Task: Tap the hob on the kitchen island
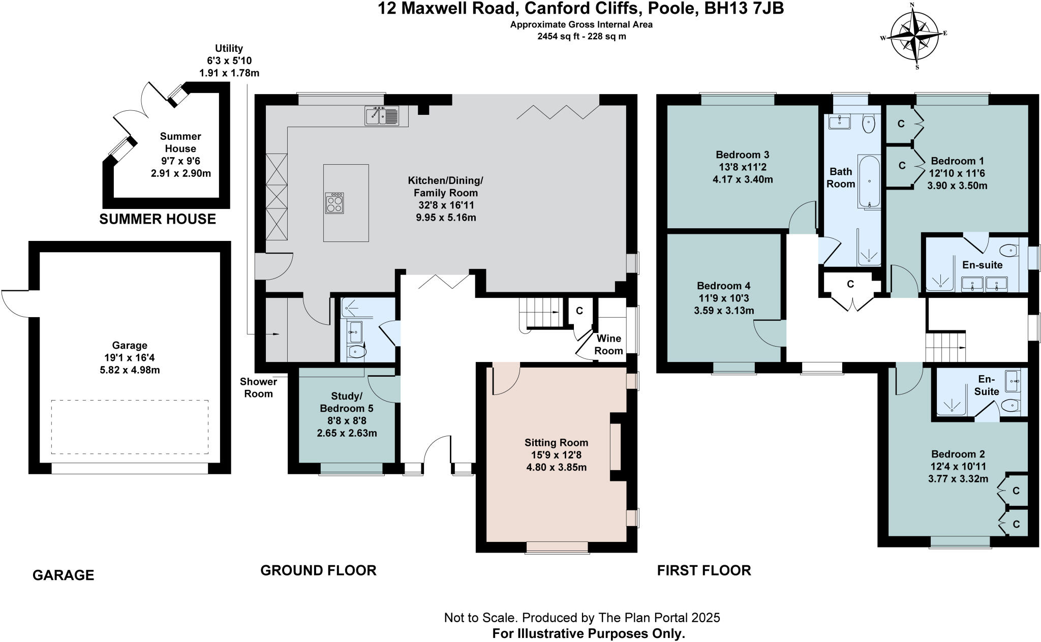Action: click(x=334, y=203)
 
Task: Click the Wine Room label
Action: click(x=608, y=345)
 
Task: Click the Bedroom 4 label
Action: click(x=723, y=286)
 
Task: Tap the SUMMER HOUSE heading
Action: click(x=158, y=219)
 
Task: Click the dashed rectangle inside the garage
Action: click(x=130, y=427)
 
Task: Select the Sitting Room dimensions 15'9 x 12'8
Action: click(x=556, y=455)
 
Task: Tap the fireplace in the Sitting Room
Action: click(x=615, y=447)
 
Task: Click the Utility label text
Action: click(x=229, y=49)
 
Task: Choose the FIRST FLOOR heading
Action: click(x=703, y=570)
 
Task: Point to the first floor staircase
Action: click(x=944, y=347)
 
